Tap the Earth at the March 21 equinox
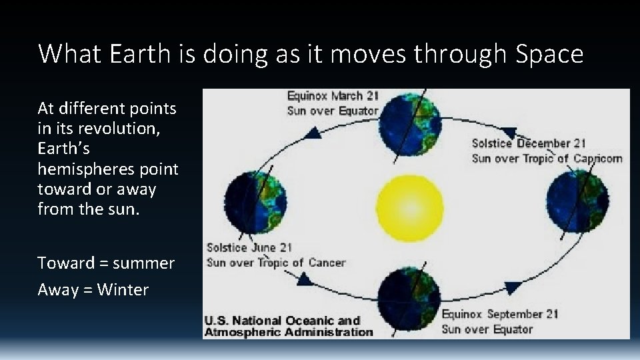409,125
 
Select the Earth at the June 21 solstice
256,201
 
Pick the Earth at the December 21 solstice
577,201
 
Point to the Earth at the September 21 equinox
409,298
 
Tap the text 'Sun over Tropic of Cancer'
276,262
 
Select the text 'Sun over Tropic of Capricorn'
547,158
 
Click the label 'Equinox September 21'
499,314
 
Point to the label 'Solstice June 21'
249,247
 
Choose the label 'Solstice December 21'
529,143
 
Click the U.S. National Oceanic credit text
288,326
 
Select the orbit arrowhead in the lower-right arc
512,288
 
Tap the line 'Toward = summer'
106,263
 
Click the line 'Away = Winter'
93,289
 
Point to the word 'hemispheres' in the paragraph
108,169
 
